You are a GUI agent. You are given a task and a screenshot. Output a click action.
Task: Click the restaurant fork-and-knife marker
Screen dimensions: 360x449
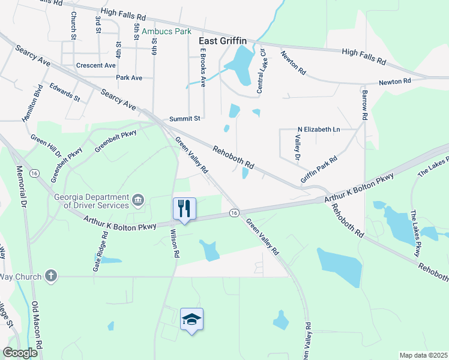pos(184,209)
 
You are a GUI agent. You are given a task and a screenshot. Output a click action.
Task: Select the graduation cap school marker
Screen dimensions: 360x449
pos(191,319)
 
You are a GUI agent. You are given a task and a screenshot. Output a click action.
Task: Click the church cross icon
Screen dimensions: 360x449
pos(51,276)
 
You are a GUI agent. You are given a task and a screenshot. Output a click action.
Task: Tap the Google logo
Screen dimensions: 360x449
pos(20,353)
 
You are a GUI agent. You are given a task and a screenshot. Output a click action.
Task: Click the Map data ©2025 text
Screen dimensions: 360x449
pos(423,355)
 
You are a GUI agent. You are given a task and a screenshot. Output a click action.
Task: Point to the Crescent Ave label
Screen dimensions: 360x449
pos(96,65)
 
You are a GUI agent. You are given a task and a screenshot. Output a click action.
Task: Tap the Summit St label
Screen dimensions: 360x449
pos(184,119)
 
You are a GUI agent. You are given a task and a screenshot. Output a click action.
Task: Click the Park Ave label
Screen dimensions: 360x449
pos(129,77)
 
